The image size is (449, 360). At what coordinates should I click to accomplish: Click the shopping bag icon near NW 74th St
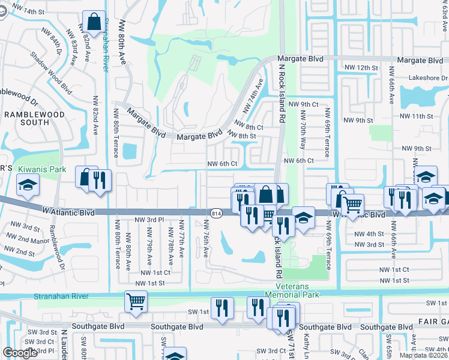(95, 22)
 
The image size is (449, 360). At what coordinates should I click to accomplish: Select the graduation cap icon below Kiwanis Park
(27, 188)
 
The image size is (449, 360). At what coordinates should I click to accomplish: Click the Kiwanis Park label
(41, 170)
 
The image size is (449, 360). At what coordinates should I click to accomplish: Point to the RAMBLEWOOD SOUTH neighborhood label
(26, 118)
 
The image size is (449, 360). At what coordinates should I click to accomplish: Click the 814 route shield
(216, 213)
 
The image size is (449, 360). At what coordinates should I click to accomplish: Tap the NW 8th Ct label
(249, 127)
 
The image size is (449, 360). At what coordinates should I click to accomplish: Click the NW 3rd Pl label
(149, 220)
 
